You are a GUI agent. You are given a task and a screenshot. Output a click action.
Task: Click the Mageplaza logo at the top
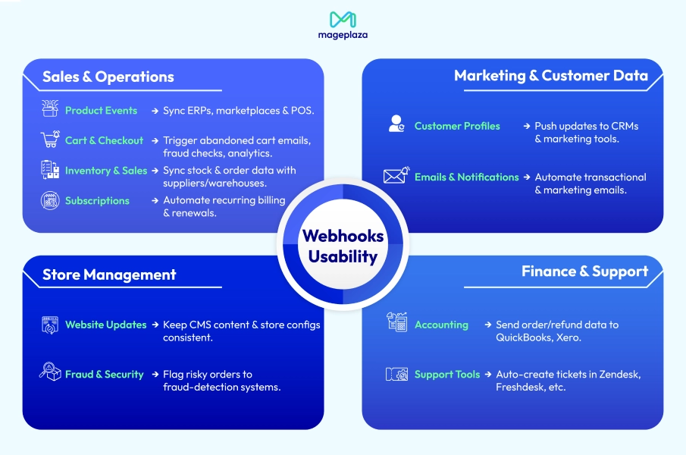pos(343,25)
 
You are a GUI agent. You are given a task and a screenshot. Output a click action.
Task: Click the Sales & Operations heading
pos(108,77)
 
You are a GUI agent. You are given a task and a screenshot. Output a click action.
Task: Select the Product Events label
pos(101,111)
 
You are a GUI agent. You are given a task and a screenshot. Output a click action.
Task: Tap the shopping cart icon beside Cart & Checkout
pos(50,140)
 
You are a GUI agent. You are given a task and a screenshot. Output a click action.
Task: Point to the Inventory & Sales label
pos(106,171)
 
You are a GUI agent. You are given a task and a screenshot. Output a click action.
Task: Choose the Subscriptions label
pos(97,201)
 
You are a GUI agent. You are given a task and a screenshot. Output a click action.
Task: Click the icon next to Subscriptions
pos(50,201)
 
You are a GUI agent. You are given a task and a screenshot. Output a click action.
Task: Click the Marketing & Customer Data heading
pos(550,76)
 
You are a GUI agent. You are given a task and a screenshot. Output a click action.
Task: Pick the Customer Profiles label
pos(457,126)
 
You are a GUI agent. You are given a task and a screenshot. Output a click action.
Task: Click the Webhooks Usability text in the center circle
pos(343,246)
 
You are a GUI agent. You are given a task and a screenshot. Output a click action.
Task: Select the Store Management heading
pos(109,275)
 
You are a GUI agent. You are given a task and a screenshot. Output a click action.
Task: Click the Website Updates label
pos(105,325)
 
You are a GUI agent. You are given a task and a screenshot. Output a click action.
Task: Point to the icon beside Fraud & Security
pos(50,373)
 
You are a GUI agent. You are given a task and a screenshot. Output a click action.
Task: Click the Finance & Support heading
pos(584,271)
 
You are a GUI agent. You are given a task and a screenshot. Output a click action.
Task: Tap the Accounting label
pos(441,325)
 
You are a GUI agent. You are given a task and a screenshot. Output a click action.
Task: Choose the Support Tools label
pos(447,375)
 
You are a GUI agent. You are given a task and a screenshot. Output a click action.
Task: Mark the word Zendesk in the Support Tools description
pos(620,375)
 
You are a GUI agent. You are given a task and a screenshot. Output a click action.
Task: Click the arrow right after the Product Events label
pos(154,111)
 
